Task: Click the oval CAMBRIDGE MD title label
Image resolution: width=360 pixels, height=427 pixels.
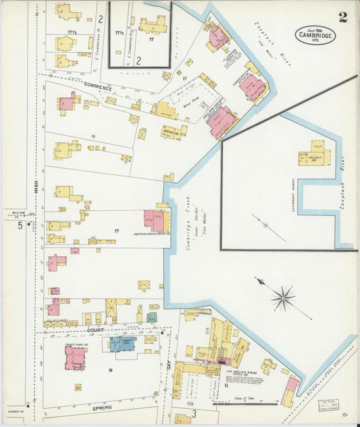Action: (314, 34)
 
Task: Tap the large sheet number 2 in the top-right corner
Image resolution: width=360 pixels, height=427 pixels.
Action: (343, 18)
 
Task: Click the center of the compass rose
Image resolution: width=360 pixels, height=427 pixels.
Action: (283, 297)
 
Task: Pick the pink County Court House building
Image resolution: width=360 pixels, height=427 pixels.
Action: (74, 356)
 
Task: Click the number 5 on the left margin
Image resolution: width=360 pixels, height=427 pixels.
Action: (20, 226)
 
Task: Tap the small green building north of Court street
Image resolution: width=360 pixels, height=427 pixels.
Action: (152, 316)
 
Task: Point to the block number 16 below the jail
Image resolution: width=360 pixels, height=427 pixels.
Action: (109, 370)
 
